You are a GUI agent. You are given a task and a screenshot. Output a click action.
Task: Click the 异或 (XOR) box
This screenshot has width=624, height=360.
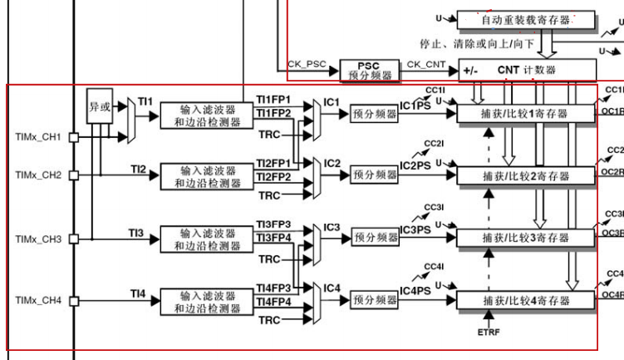pyautogui.click(x=99, y=107)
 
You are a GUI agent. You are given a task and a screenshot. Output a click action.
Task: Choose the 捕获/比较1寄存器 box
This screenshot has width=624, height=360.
pyautogui.click(x=526, y=113)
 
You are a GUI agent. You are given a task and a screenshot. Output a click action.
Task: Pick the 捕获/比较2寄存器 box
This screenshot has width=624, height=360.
pyautogui.click(x=526, y=175)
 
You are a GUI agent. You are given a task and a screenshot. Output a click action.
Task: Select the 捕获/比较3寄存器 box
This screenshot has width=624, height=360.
pyautogui.click(x=526, y=238)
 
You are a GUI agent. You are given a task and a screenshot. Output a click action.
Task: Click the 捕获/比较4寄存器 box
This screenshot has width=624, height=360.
pyautogui.click(x=526, y=300)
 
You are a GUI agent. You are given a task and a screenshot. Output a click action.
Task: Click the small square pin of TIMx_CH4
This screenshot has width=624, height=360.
pyautogui.click(x=73, y=300)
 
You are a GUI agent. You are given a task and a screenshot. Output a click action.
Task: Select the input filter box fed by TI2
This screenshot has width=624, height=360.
pyautogui.click(x=208, y=175)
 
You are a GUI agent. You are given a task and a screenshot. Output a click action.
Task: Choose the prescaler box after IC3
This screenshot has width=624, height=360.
pyautogui.click(x=375, y=238)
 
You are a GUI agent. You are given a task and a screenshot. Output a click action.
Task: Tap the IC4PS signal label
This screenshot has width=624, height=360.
pyautogui.click(x=415, y=291)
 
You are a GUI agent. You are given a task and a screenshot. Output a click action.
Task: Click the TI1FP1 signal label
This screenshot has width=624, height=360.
pyautogui.click(x=273, y=100)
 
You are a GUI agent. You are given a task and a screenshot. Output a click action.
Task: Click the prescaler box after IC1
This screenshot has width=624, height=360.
pyautogui.click(x=375, y=113)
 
